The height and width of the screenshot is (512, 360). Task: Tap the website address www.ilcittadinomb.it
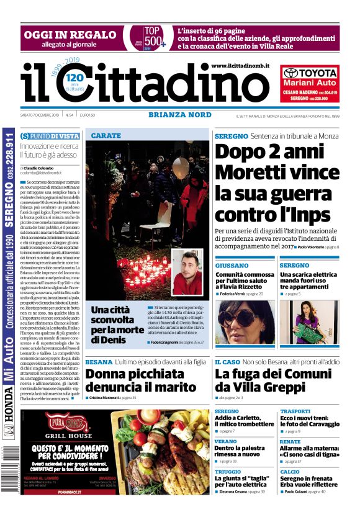point(240,66)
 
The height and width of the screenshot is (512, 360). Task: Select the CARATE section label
point(106,135)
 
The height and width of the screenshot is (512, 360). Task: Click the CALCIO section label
point(289,471)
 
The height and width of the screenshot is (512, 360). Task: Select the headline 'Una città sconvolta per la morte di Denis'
point(116,324)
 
